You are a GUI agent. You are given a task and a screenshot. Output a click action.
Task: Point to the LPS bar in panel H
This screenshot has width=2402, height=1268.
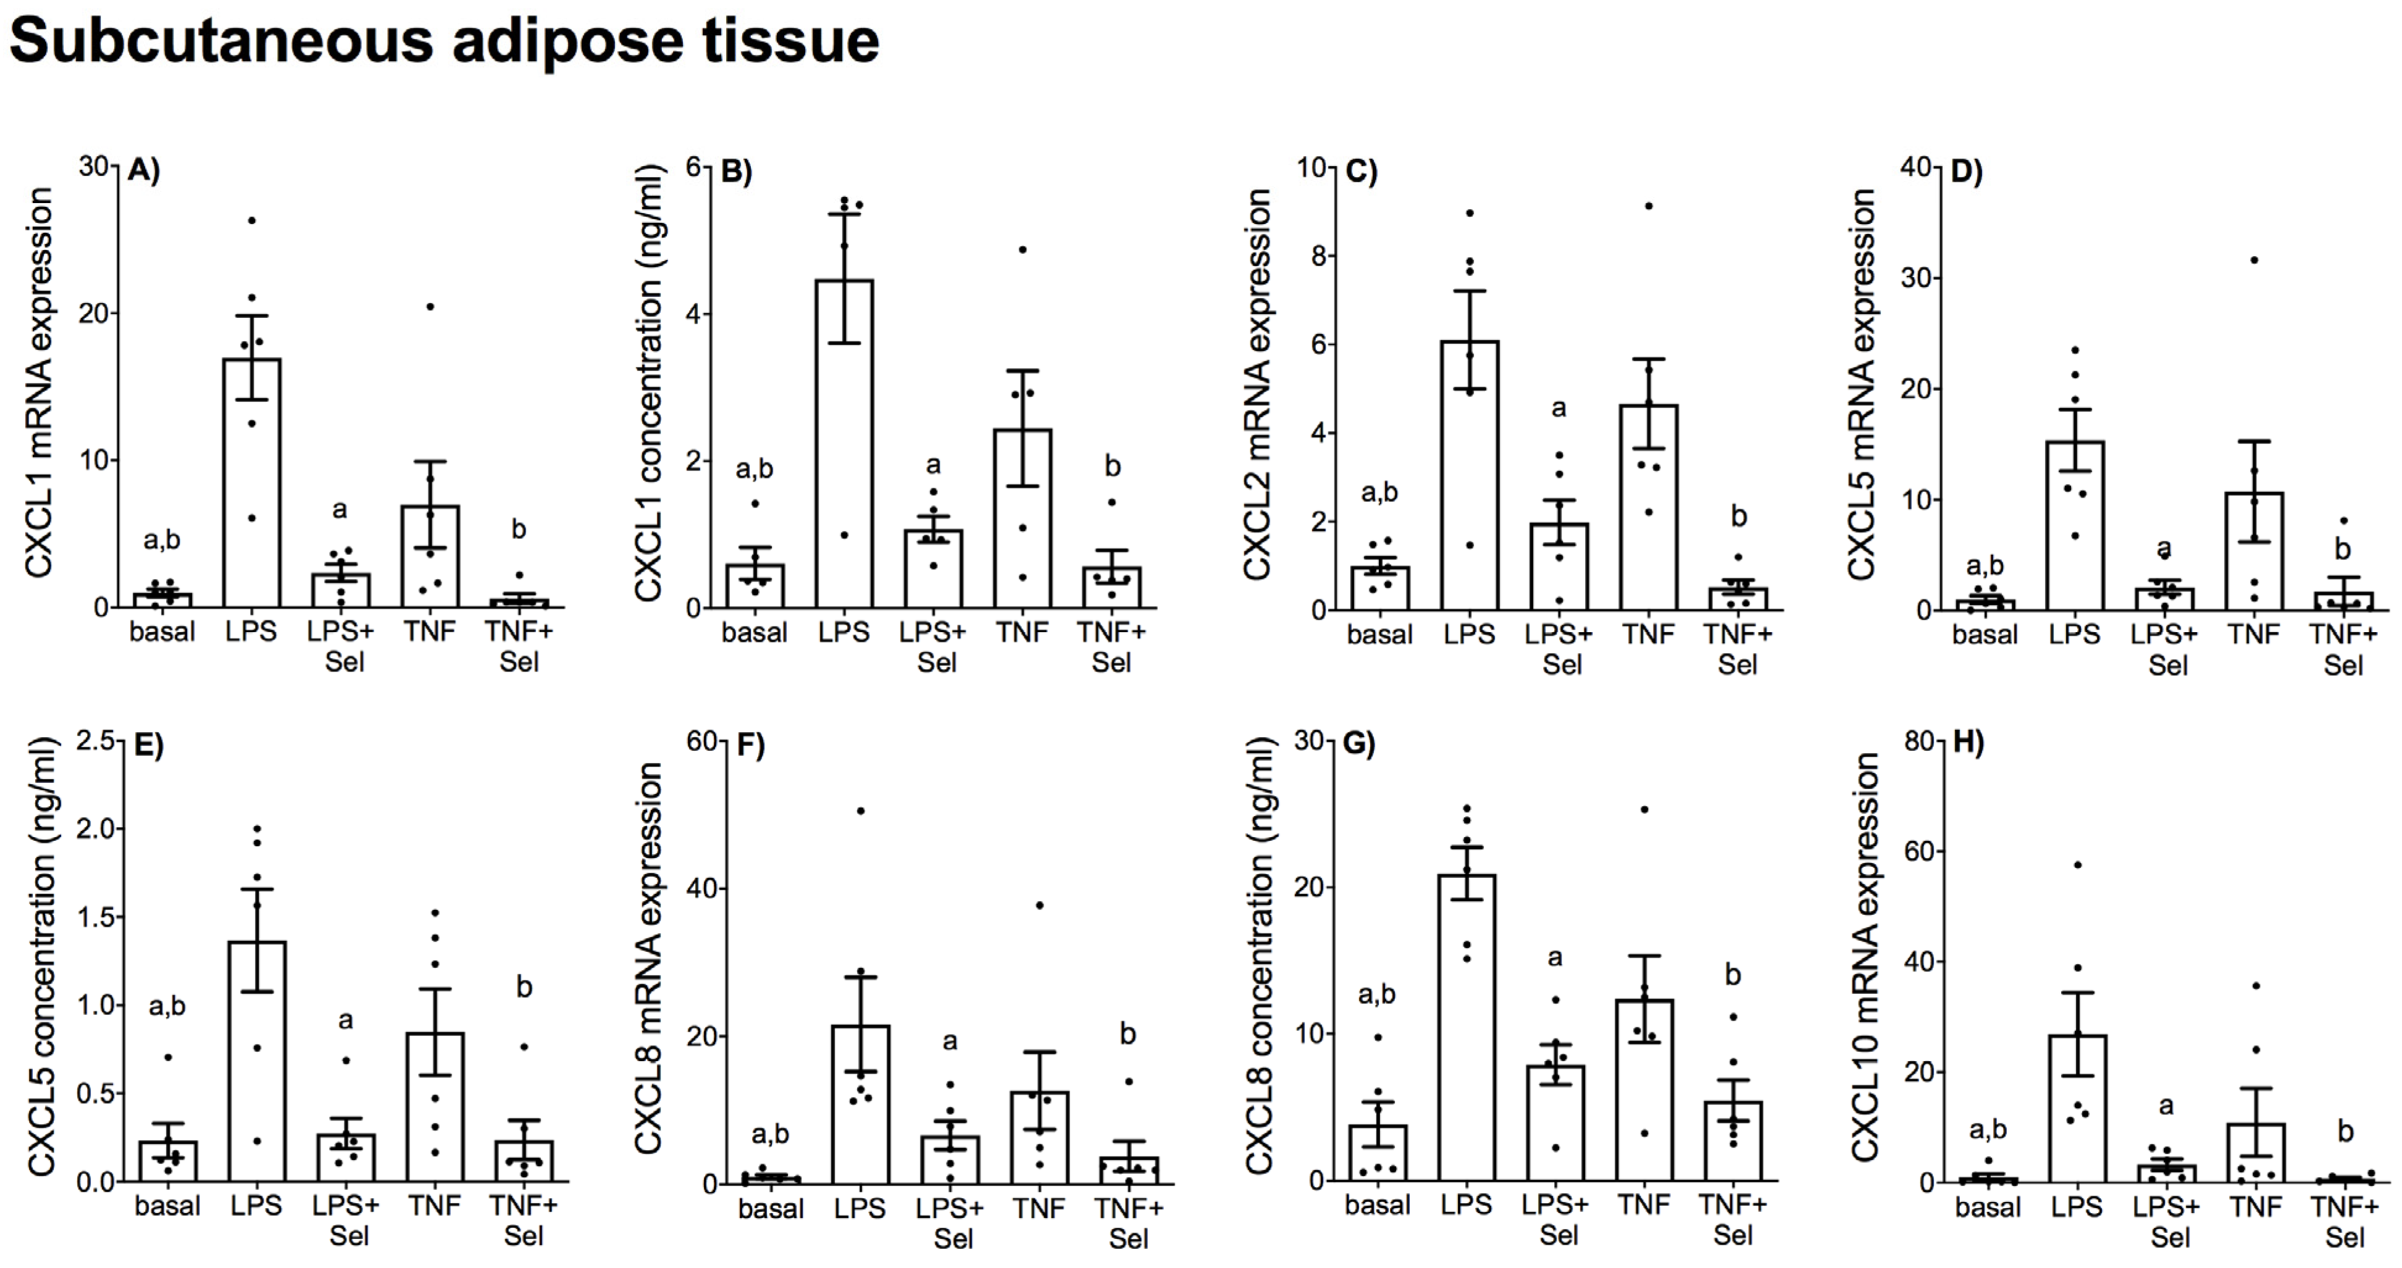click(2077, 1109)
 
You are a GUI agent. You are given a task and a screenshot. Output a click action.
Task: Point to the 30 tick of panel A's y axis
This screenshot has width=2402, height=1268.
click(93, 167)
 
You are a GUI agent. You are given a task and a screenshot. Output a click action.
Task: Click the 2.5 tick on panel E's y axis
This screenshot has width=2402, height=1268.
click(96, 741)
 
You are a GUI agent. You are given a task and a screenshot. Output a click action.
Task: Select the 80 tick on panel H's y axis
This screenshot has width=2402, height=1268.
click(1920, 741)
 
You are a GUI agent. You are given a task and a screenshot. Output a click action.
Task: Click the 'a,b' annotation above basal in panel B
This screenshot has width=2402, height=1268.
click(755, 469)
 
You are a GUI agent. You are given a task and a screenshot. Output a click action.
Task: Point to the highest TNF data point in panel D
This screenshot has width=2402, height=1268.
click(2254, 260)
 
